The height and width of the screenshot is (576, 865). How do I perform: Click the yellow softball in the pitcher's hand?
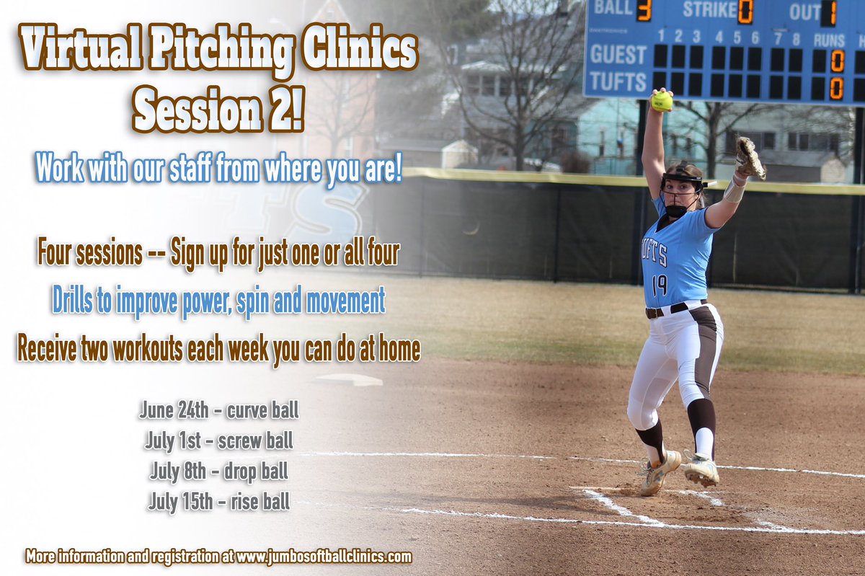[x=661, y=101]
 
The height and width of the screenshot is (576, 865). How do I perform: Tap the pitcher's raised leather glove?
[x=750, y=158]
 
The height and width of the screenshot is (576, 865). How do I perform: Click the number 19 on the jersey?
[x=659, y=285]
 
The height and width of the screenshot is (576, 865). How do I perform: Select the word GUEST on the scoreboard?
[x=618, y=55]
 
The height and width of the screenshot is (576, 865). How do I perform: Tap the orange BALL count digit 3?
[x=644, y=10]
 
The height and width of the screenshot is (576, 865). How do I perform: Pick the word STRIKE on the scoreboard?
[x=709, y=10]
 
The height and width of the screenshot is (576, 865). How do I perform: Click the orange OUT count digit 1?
[x=828, y=12]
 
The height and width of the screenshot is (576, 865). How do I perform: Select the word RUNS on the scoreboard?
[x=829, y=40]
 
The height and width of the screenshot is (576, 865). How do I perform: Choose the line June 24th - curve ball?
[x=218, y=411]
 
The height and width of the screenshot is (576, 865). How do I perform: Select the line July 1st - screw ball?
[x=218, y=440]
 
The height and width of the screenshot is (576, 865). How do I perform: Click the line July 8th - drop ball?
[x=218, y=471]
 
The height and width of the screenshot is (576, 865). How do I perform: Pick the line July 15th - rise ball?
[x=218, y=500]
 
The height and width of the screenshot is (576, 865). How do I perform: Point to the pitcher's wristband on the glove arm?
[x=733, y=190]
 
